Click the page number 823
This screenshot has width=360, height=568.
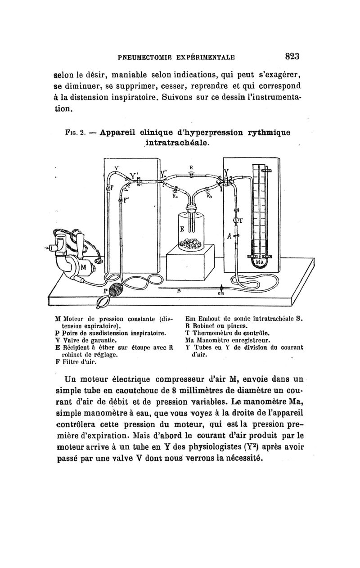[x=292, y=57]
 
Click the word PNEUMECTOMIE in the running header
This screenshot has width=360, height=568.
[x=144, y=57]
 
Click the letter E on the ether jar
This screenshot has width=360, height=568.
[x=182, y=230]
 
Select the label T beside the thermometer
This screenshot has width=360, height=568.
[x=240, y=220]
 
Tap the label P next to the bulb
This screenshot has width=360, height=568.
[x=106, y=292]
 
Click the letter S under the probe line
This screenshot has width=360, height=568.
[x=180, y=291]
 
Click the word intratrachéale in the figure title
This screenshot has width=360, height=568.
[x=175, y=143]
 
